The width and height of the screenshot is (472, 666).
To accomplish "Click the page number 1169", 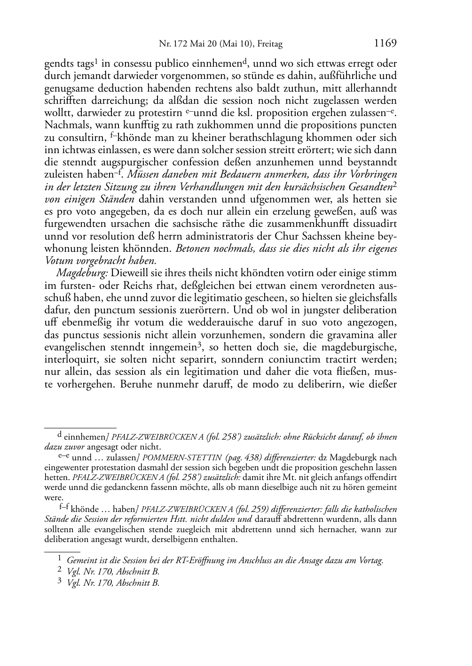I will tap(385, 44).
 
